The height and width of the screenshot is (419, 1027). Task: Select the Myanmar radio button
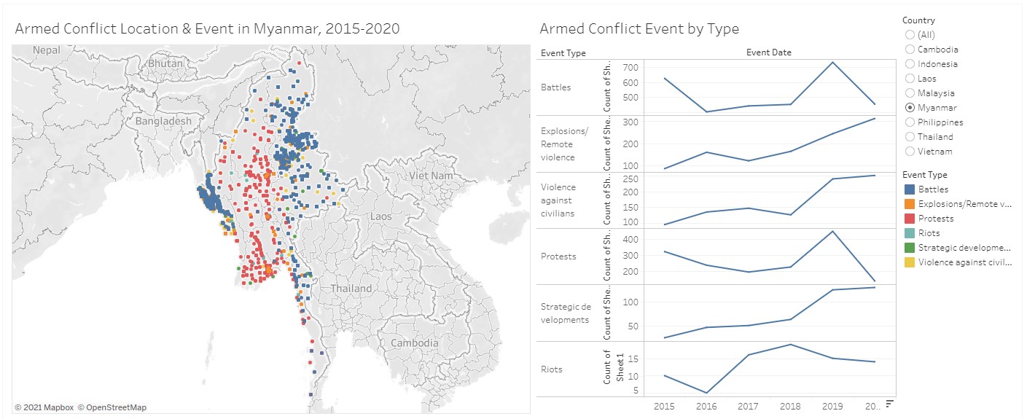tap(909, 108)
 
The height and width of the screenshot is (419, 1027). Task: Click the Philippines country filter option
tap(909, 122)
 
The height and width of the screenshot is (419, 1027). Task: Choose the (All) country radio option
tap(909, 35)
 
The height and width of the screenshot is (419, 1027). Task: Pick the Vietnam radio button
tap(909, 152)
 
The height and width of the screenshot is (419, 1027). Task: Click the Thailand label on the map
tap(351, 289)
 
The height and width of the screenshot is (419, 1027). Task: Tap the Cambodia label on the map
tap(414, 342)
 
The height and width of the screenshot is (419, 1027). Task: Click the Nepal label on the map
tap(46, 50)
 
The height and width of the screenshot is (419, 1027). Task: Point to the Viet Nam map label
tap(430, 176)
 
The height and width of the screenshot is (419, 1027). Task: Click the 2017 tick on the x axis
tap(748, 406)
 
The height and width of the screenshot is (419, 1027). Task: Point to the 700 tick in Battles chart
tap(631, 67)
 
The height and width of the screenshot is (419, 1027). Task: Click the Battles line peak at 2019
tap(832, 62)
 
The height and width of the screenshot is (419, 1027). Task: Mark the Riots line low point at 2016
tap(706, 393)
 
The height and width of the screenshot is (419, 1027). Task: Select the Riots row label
tap(552, 369)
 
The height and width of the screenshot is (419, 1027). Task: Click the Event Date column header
tap(768, 52)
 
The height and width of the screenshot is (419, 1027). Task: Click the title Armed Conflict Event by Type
tap(639, 29)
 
